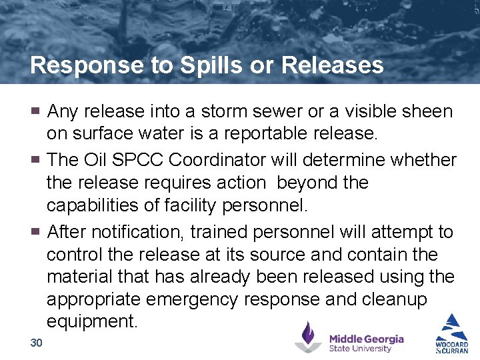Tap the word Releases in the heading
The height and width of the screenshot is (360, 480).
333,65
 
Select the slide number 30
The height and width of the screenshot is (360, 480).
36,343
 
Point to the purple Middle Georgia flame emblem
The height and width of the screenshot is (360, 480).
308,337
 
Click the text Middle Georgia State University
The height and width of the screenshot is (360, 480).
366,343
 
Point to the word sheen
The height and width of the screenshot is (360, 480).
425,111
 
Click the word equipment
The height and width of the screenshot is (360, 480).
91,322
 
